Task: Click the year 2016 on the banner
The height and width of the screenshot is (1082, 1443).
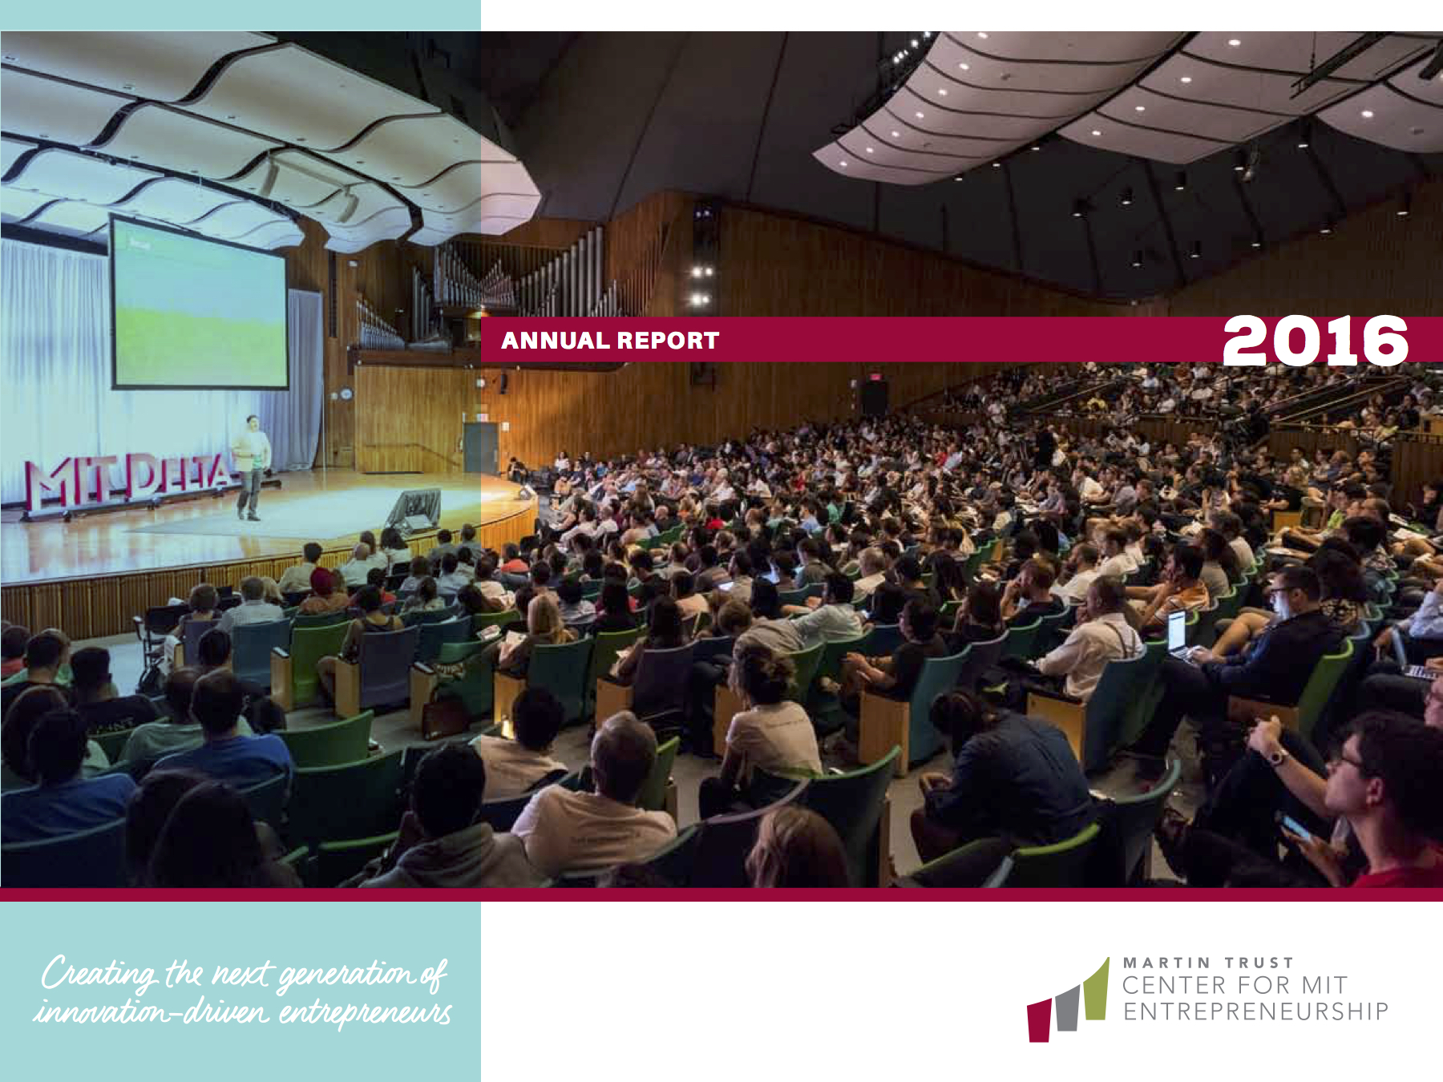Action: [1316, 340]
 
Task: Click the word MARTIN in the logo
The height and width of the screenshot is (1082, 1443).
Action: [1166, 963]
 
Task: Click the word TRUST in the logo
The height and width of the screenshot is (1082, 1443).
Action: [1259, 963]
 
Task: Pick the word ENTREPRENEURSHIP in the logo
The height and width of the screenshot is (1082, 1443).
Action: [1255, 1011]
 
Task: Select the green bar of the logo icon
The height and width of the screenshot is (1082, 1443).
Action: [1096, 990]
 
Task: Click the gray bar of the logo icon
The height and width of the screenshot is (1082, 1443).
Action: [1068, 1008]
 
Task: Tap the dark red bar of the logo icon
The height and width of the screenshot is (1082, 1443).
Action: [1039, 1020]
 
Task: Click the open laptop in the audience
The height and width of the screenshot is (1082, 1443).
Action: [1177, 633]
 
